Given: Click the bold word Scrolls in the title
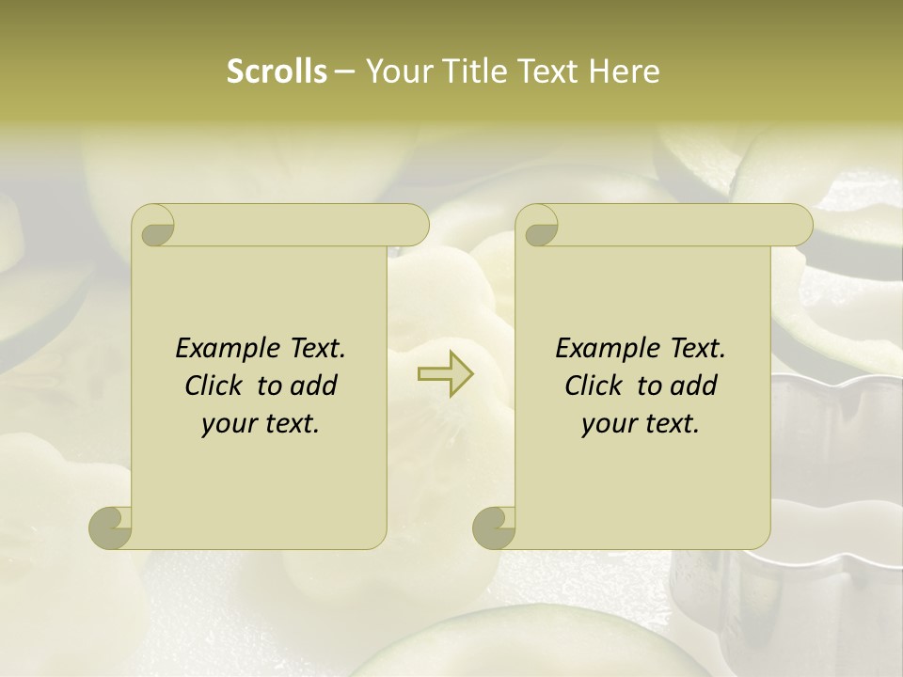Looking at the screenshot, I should [277, 71].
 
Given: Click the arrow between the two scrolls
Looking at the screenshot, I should [445, 374].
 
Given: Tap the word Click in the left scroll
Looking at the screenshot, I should [215, 386].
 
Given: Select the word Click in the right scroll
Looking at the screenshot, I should [595, 386].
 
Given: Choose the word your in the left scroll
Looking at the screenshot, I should [228, 424].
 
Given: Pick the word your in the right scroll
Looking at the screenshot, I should [608, 424].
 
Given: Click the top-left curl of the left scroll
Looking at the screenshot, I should [154, 226].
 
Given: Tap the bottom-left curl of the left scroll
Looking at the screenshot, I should [111, 527].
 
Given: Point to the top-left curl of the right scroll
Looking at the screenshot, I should [538, 226].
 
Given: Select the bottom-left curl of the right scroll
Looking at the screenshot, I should [495, 527].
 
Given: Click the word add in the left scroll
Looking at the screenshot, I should [313, 386].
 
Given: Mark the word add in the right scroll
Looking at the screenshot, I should [693, 386].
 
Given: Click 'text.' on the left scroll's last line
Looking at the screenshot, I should [290, 424].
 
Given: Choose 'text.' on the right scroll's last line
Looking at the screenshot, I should [670, 424].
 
